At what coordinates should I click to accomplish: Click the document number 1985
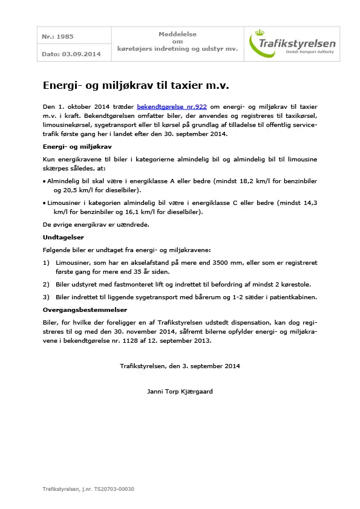[66, 37]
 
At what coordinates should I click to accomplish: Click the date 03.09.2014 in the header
[81, 54]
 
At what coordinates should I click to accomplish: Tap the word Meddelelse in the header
[177, 34]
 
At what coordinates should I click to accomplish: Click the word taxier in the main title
[186, 85]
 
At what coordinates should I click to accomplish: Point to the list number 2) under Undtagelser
[47, 284]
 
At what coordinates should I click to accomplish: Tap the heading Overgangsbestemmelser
[84, 310]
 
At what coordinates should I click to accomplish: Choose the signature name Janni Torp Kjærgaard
[180, 391]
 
